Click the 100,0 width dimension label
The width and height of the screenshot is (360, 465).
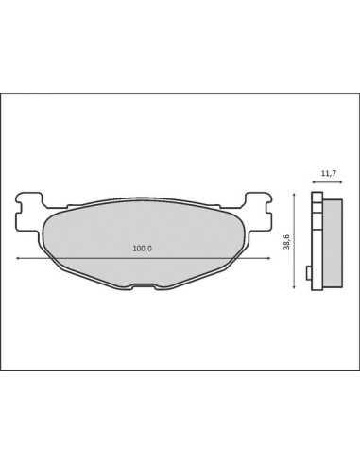click(x=142, y=249)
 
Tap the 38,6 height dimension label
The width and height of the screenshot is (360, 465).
click(x=286, y=242)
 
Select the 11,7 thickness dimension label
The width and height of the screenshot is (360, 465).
click(x=329, y=173)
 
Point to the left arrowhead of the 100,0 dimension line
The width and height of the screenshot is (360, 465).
click(x=18, y=258)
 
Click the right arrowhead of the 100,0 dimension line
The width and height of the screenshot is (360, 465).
click(x=268, y=258)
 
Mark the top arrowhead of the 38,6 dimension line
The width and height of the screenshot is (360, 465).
click(x=294, y=196)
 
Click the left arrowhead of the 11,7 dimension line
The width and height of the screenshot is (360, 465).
click(x=314, y=182)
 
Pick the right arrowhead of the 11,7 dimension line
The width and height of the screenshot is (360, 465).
click(x=340, y=182)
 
